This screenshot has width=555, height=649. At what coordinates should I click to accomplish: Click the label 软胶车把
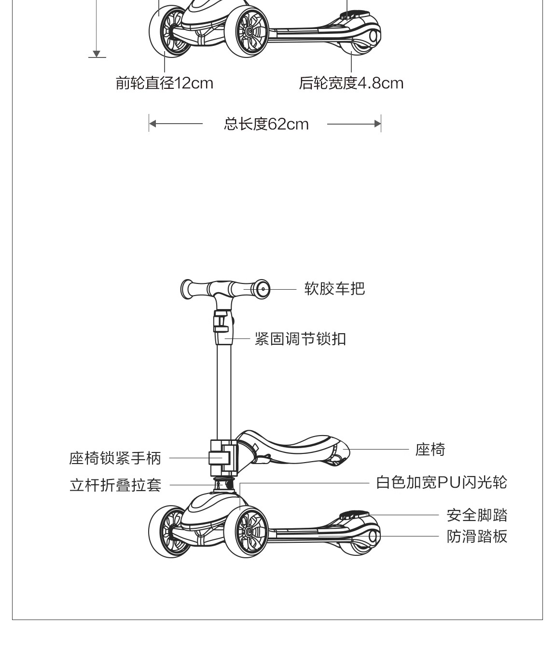click(x=334, y=289)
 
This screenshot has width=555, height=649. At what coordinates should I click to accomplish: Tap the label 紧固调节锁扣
click(x=300, y=339)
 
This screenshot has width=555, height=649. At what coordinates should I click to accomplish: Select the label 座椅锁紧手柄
click(x=115, y=458)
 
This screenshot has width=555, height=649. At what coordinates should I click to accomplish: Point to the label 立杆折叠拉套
click(x=115, y=485)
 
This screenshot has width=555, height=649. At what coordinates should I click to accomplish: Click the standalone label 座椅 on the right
click(x=430, y=450)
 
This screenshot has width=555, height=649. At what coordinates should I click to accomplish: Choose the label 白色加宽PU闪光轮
click(x=441, y=482)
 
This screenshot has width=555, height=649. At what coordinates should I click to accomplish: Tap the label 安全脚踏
click(x=476, y=515)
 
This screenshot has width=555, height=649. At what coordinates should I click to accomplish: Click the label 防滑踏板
click(x=476, y=536)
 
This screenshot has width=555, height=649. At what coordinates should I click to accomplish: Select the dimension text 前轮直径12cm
click(x=164, y=83)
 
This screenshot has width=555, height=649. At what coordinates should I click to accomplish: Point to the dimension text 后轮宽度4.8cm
click(x=351, y=83)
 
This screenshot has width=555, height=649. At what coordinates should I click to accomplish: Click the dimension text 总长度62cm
click(x=266, y=124)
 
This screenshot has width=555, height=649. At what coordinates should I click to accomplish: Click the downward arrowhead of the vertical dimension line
click(x=97, y=54)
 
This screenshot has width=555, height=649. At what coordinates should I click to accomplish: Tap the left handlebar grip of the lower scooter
click(x=188, y=290)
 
